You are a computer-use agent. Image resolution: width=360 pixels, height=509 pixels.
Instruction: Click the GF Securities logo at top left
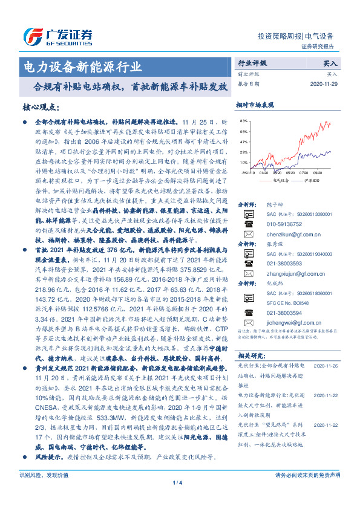[x=57, y=36]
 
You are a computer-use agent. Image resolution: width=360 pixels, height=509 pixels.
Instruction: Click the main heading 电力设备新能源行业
[x=82, y=66]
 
